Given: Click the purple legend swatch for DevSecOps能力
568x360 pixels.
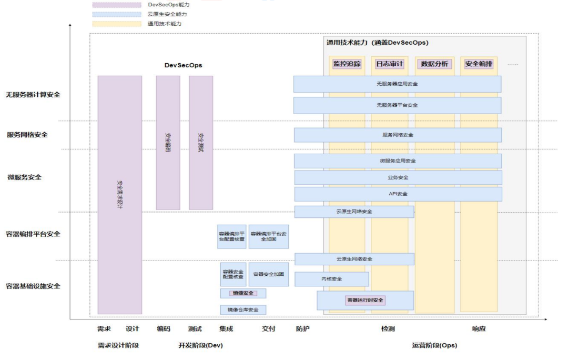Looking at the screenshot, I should [x=117, y=5].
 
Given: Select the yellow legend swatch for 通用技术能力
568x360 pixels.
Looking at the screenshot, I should [x=117, y=24].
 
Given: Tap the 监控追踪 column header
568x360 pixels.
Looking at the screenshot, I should [x=347, y=64].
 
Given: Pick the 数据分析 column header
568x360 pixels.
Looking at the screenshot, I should [x=434, y=64].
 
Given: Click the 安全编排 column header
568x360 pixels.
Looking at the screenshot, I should [x=479, y=64].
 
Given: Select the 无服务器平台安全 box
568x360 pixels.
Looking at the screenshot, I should [x=397, y=105].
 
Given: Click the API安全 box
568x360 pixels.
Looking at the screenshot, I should [x=398, y=194].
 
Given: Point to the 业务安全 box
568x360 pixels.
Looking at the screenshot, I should [x=398, y=177].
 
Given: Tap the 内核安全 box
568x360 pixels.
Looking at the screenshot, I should [x=331, y=279].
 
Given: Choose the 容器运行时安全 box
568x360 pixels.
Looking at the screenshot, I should [x=365, y=301].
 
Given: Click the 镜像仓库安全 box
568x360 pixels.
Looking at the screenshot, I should [x=243, y=310].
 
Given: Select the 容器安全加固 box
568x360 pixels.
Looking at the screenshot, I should [x=269, y=274].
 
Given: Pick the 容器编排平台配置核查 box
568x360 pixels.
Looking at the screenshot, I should [x=232, y=236].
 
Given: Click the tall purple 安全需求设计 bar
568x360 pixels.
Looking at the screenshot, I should [x=120, y=195].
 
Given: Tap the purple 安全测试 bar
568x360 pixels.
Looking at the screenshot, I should [x=201, y=143].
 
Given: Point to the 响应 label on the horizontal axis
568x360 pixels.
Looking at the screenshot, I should [x=479, y=329].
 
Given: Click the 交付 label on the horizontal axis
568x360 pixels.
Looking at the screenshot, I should [x=269, y=329].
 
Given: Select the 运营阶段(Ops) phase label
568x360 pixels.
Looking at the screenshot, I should [x=434, y=346].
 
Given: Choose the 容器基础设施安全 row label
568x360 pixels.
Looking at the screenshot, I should [x=33, y=286].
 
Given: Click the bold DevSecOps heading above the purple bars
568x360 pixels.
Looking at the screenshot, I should [x=183, y=65].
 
